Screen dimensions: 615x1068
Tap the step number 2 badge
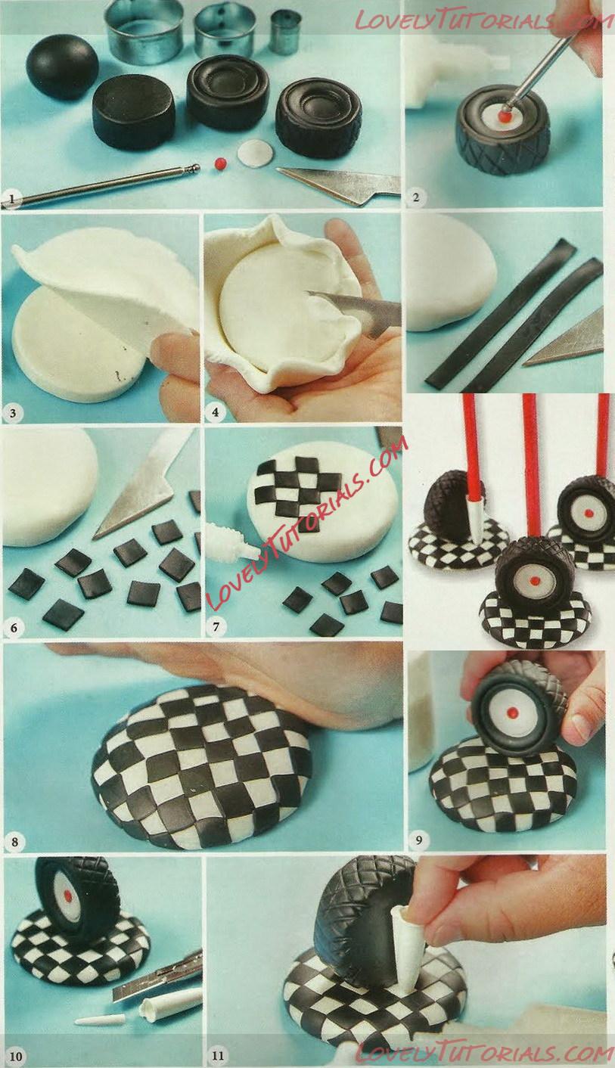pos(416,197)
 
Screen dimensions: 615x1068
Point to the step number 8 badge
pos(14,842)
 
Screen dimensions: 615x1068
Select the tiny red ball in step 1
pos(220,163)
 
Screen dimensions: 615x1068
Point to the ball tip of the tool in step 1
pos(194,168)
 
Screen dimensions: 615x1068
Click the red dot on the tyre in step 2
pos(507,116)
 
